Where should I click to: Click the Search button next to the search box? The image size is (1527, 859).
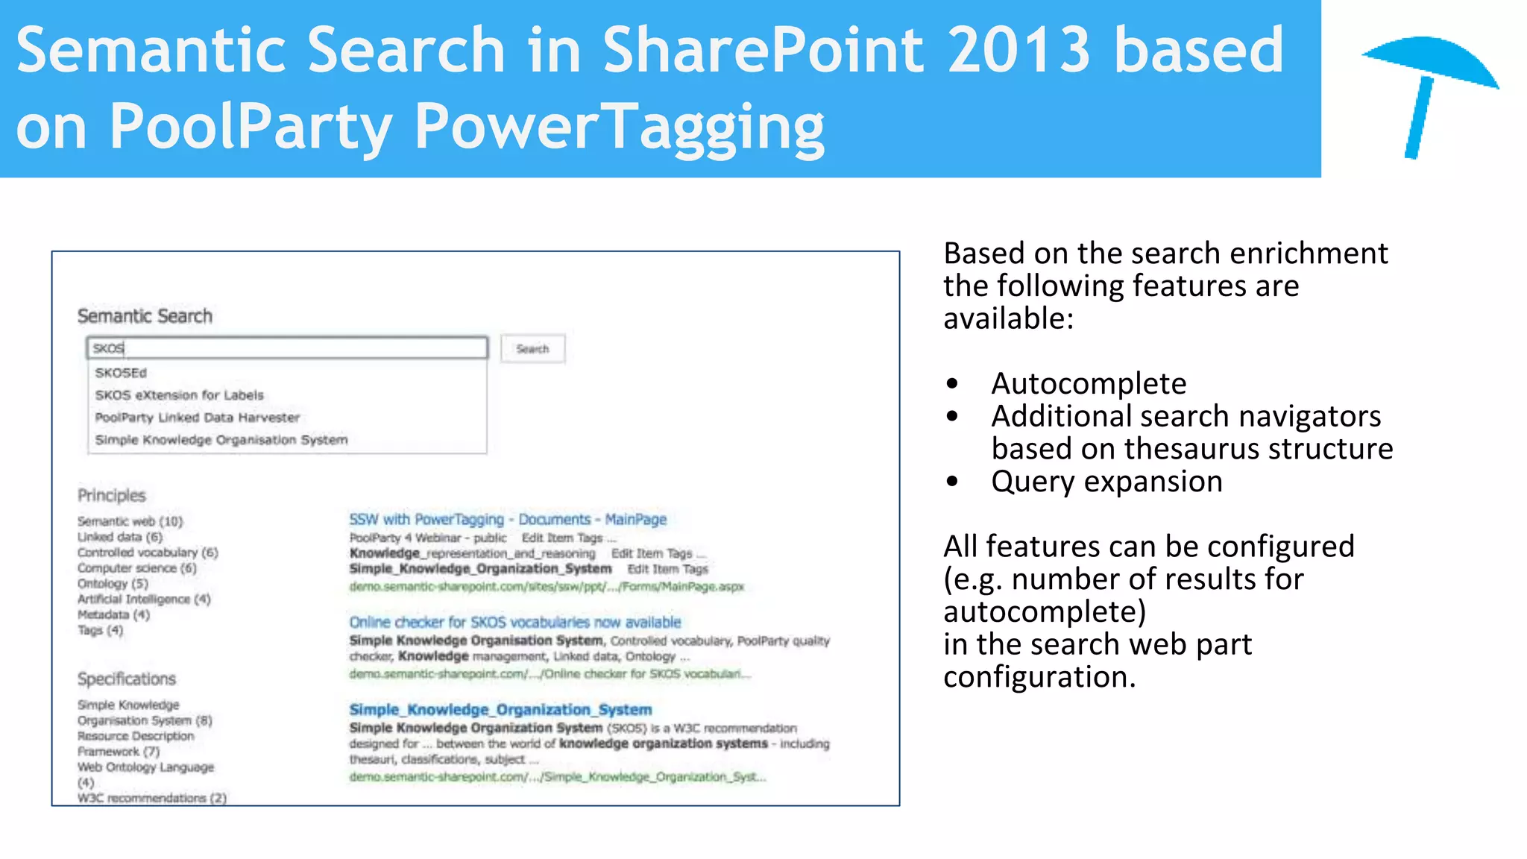coord(532,349)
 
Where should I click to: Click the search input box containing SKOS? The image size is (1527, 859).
coord(287,348)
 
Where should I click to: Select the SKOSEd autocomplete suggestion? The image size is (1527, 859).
coord(121,373)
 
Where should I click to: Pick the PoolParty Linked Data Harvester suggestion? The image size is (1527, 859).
coord(198,418)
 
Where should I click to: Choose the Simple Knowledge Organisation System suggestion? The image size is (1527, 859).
coord(221,440)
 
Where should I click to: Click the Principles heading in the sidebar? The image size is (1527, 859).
coord(112,496)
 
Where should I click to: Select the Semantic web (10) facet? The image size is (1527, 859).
coord(130,521)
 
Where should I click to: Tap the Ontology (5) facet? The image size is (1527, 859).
coord(113,584)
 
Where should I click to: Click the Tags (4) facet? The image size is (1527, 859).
coord(100,631)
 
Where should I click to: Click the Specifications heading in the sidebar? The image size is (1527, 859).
coord(127,679)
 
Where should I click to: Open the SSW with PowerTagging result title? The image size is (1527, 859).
coord(508,520)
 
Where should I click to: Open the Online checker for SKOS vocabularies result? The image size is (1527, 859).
coord(515,623)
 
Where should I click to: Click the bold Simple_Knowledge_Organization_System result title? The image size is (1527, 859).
coord(500,710)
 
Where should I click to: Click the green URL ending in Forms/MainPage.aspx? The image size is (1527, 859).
coord(547,587)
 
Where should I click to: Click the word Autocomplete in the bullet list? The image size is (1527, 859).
coord(1089,384)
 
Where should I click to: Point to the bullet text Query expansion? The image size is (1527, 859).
coord(1106,482)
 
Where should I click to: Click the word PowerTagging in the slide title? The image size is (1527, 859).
coord(619,127)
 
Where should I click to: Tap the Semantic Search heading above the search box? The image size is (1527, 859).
coord(145,316)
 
